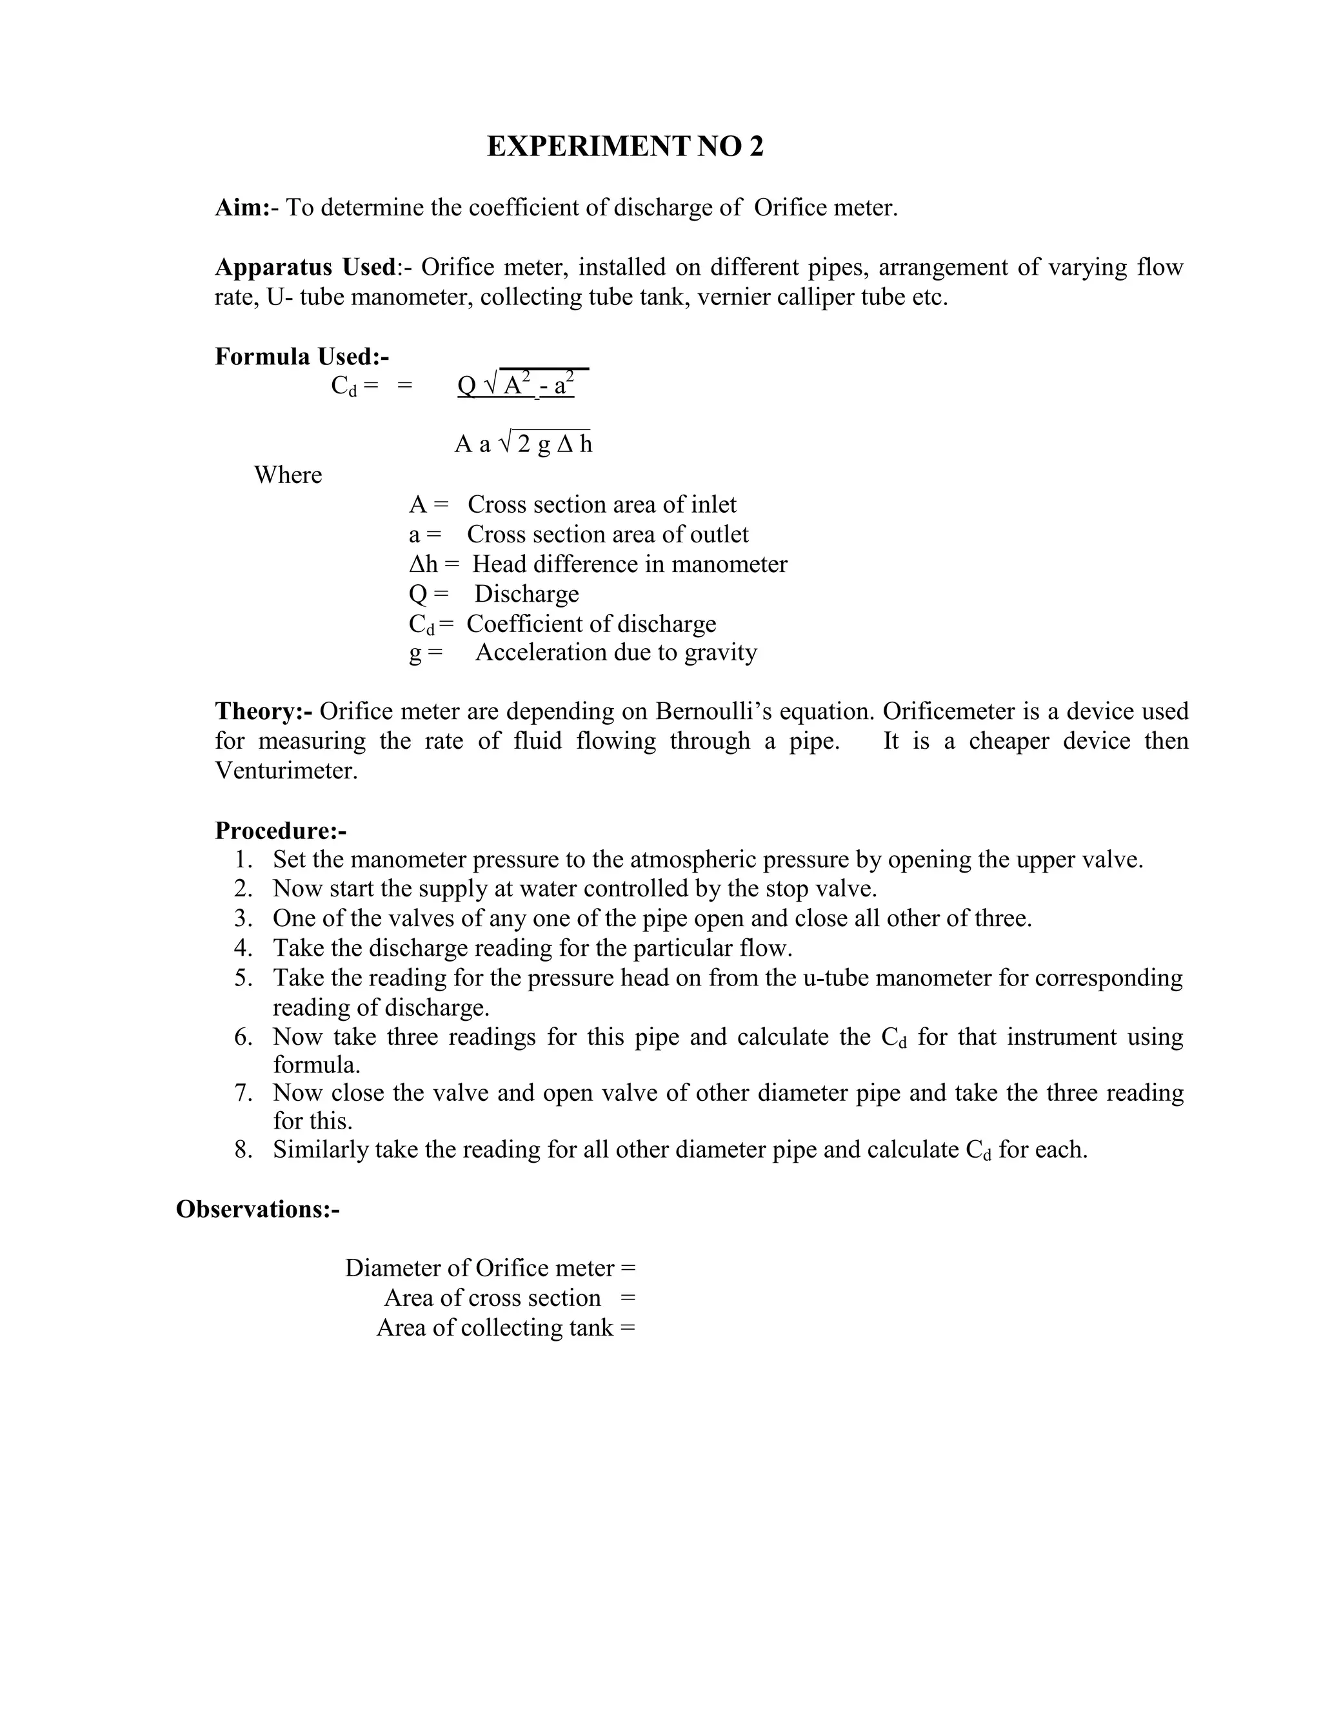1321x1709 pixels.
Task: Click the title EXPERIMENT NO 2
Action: pos(624,147)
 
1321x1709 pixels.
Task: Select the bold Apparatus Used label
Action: pos(306,268)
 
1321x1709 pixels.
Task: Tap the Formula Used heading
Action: pos(302,357)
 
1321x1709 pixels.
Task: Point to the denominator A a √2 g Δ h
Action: pos(522,444)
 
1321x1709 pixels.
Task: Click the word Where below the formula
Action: pos(288,475)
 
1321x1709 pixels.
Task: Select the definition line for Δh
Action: pos(598,564)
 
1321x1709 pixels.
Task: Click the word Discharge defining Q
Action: pos(527,594)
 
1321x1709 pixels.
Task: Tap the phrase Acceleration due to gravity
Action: pos(616,653)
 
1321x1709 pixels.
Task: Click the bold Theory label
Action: pos(264,711)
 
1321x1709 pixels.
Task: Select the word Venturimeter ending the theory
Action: pos(286,771)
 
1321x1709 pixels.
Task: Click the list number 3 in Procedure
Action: pos(243,918)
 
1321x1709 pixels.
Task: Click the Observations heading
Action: pos(257,1210)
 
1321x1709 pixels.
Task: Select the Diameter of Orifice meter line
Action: pos(491,1269)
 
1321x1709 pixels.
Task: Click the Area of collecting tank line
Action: pos(506,1328)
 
